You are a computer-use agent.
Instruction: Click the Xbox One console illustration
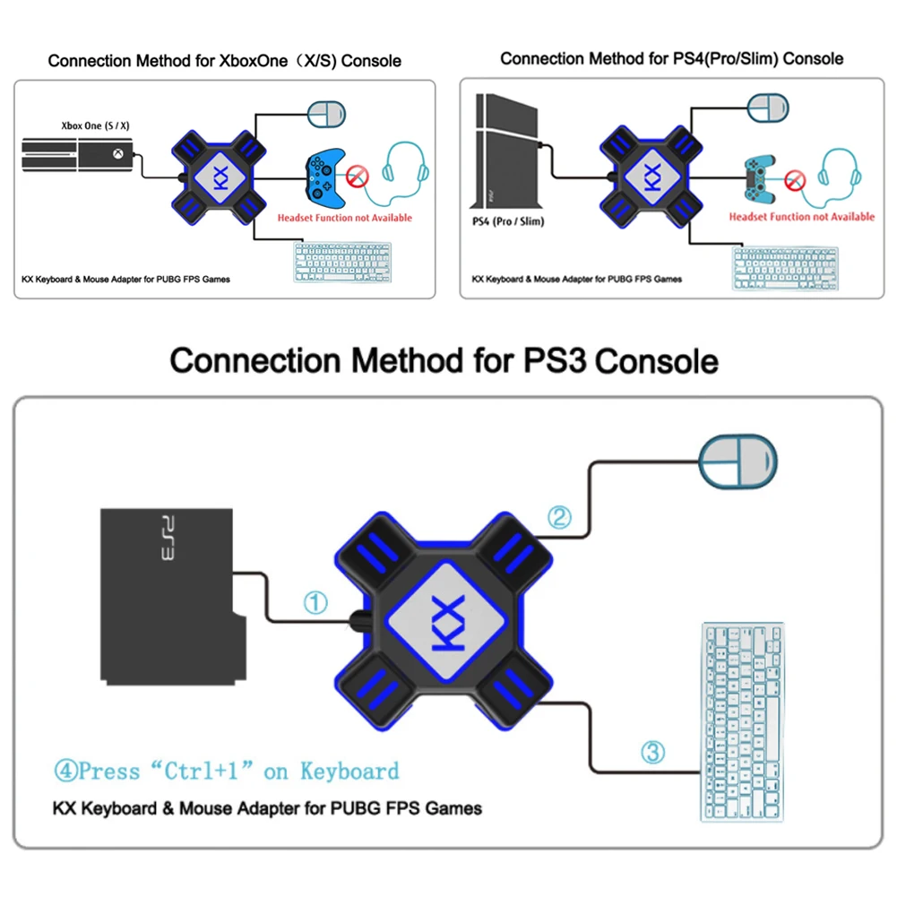click(79, 157)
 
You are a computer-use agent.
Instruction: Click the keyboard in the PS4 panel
click(785, 268)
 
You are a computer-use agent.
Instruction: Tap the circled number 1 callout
click(315, 603)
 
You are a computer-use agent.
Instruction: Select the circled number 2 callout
click(559, 517)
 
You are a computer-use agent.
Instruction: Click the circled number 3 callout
click(653, 751)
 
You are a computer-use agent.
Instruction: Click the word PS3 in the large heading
click(555, 361)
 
